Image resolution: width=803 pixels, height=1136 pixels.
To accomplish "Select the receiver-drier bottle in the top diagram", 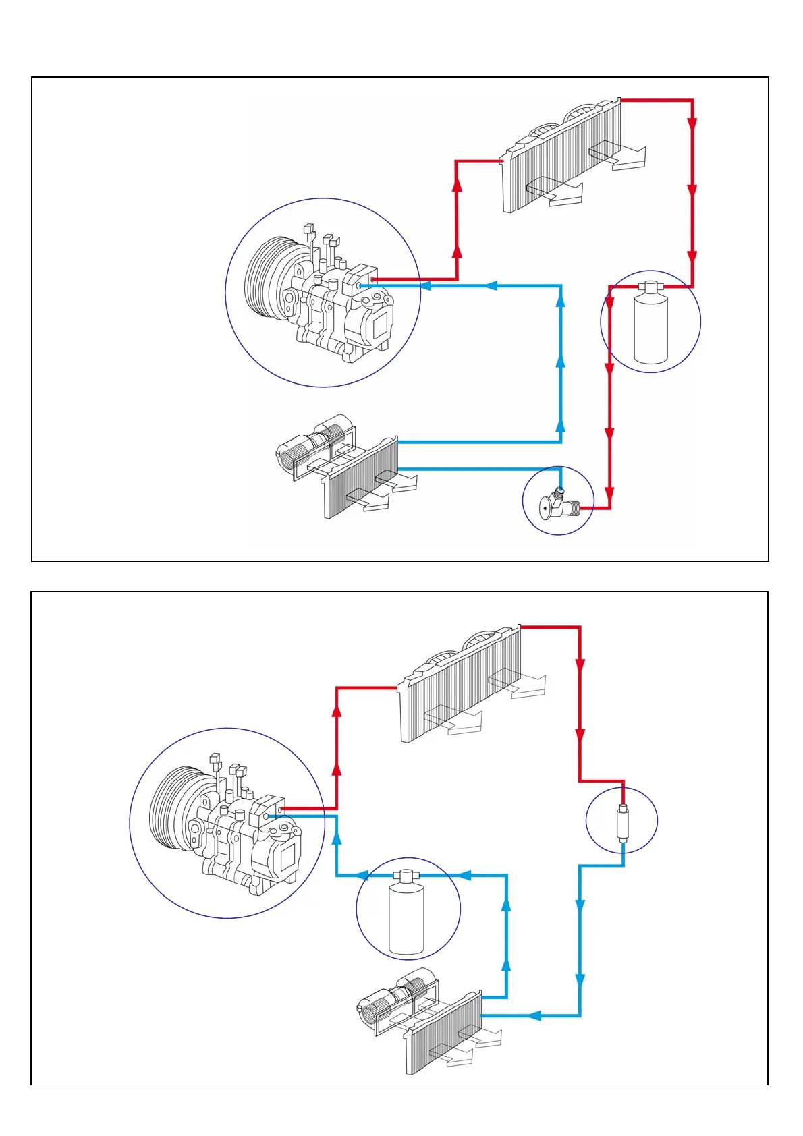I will tap(650, 327).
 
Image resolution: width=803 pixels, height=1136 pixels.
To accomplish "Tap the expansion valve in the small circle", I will tap(557, 503).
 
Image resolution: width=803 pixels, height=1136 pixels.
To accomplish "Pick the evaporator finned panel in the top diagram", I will tap(361, 479).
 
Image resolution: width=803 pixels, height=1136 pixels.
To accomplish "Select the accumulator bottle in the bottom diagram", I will tap(406, 914).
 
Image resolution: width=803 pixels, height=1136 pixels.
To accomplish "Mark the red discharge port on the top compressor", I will tap(372, 279).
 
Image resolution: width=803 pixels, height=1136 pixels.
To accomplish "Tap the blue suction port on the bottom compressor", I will tap(267, 816).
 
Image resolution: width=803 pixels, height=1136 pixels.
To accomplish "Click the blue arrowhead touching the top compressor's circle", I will tap(426, 286).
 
